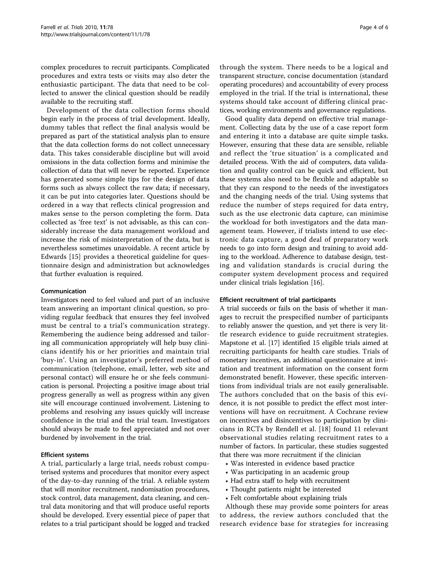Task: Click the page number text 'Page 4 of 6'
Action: (374, 27)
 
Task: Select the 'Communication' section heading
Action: (63, 291)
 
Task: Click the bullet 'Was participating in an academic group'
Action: (290, 472)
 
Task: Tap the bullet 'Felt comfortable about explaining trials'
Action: (289, 498)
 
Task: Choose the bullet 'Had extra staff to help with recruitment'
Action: (290, 481)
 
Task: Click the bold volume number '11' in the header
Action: (103, 27)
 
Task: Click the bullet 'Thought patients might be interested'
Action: (286, 489)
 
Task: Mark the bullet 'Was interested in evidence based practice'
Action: (292, 463)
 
